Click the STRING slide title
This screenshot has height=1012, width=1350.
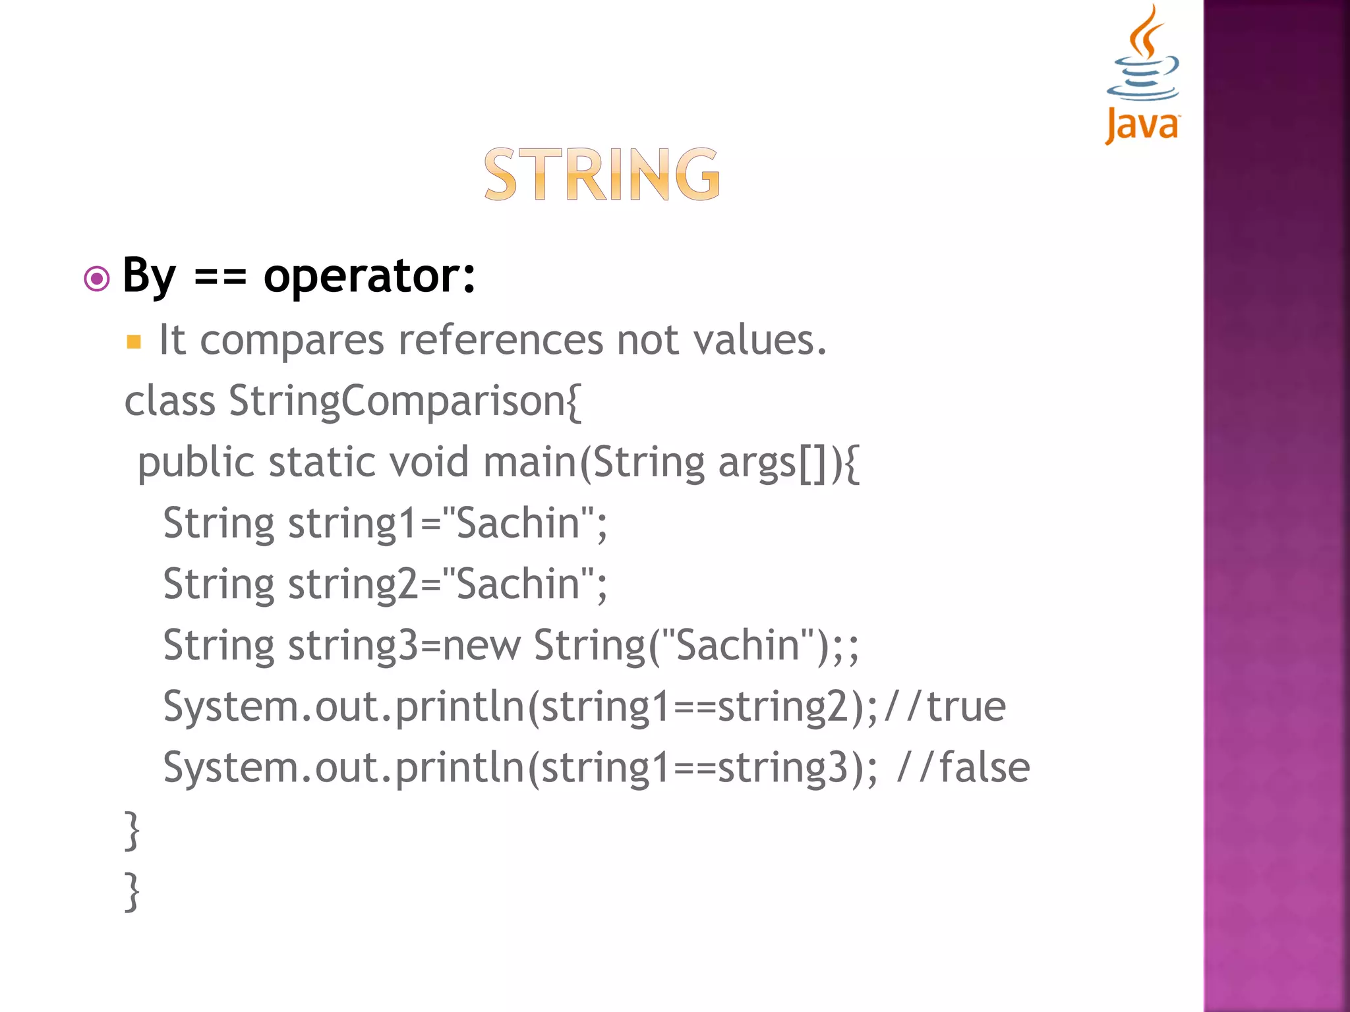[602, 175]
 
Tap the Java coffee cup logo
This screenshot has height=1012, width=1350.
[1143, 72]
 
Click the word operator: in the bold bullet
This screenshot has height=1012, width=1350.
[369, 275]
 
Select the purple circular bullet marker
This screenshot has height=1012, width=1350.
[97, 279]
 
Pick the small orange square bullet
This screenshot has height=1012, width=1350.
[134, 342]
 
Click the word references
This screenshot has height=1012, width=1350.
[501, 341]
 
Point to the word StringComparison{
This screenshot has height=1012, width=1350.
[405, 401]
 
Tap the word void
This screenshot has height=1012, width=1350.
[429, 463]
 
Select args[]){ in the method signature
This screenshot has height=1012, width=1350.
[788, 463]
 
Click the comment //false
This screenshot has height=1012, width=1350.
[963, 768]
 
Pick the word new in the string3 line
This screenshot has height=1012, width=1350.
[481, 646]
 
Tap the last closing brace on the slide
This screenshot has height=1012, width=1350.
[132, 891]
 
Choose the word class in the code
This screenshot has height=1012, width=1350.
[169, 401]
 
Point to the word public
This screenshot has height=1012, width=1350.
[195, 463]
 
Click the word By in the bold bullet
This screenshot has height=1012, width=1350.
[150, 275]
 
